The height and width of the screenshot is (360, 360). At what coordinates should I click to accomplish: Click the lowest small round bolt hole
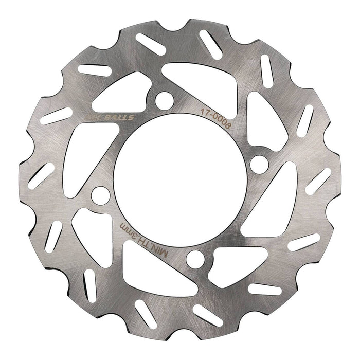coord(194,260)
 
